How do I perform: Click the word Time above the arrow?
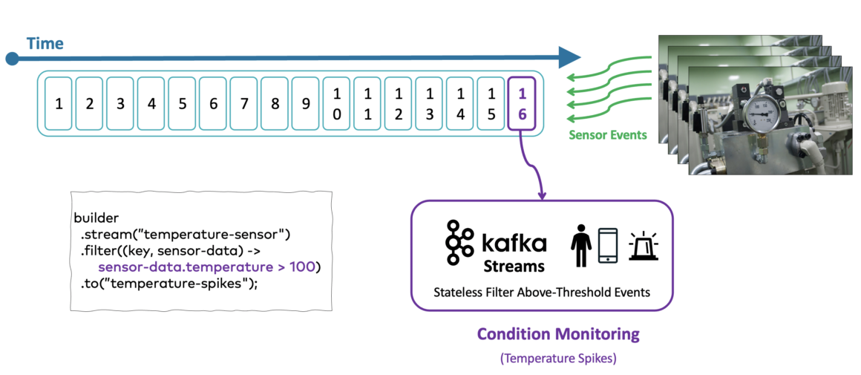click(x=45, y=43)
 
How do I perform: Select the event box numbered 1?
click(x=58, y=104)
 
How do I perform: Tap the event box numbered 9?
click(x=305, y=104)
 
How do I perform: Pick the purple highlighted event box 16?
click(x=522, y=104)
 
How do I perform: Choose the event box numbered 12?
click(x=398, y=104)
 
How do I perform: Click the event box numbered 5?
click(x=182, y=104)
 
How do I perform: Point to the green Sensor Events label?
click(x=607, y=135)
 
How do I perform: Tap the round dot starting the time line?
click(x=11, y=58)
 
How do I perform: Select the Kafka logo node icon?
click(x=459, y=242)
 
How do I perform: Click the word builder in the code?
click(x=96, y=218)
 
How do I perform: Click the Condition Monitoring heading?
click(x=558, y=334)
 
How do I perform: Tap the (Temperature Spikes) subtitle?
click(x=558, y=358)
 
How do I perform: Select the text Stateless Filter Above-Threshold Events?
click(x=542, y=292)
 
